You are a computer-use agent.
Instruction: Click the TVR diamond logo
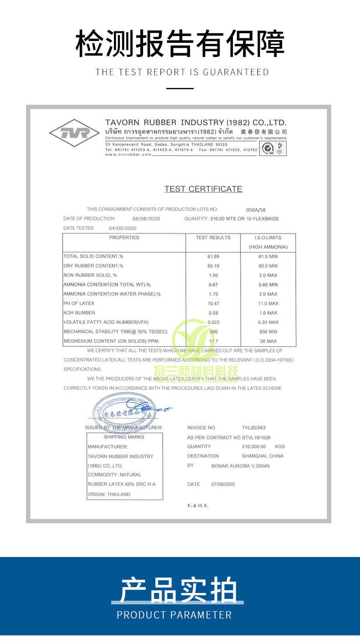(74, 133)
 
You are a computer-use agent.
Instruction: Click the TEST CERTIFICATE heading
(203, 189)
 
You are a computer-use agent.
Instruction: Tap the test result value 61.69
(213, 256)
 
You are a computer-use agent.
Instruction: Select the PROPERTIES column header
(124, 237)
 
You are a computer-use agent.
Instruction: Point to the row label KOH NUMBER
(79, 313)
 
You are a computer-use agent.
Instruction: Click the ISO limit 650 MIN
(267, 332)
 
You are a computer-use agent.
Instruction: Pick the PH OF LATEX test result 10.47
(213, 303)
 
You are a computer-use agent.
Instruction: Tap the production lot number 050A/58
(256, 210)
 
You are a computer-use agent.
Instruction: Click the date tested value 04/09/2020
(123, 228)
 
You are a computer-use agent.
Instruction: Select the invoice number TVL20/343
(253, 428)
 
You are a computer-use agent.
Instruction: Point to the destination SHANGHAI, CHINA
(262, 456)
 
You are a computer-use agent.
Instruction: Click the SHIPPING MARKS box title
(124, 437)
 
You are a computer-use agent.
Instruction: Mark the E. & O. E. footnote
(198, 506)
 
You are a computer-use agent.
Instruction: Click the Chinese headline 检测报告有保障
(180, 44)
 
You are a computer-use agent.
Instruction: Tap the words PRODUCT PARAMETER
(174, 615)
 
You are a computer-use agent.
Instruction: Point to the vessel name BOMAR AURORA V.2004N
(241, 466)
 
